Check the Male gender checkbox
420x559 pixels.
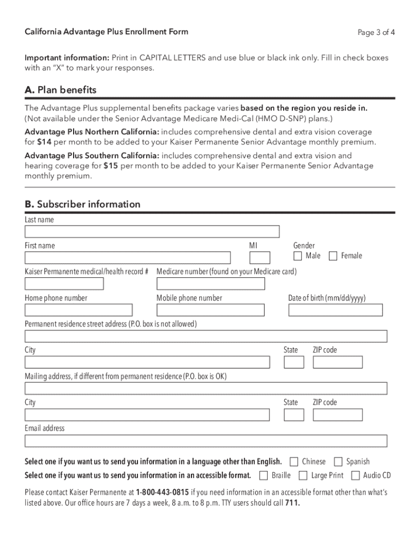tap(297, 256)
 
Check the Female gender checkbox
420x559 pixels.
tap(333, 256)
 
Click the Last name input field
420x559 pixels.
tap(152, 231)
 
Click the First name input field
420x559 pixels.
tap(128, 258)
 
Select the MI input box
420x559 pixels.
tap(260, 258)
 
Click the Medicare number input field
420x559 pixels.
tap(211, 284)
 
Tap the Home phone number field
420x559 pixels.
tap(79, 310)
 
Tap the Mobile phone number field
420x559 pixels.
tap(211, 310)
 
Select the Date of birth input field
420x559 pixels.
tap(335, 310)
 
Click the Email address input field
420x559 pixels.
tap(206, 441)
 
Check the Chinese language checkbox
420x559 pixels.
tap(294, 462)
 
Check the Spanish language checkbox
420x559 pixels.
tap(338, 462)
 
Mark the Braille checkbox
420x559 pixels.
tap(264, 475)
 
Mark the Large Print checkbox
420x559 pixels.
tap(303, 475)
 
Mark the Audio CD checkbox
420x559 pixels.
tap(356, 475)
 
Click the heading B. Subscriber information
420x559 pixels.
tap(82, 204)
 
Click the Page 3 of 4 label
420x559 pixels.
tap(376, 32)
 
